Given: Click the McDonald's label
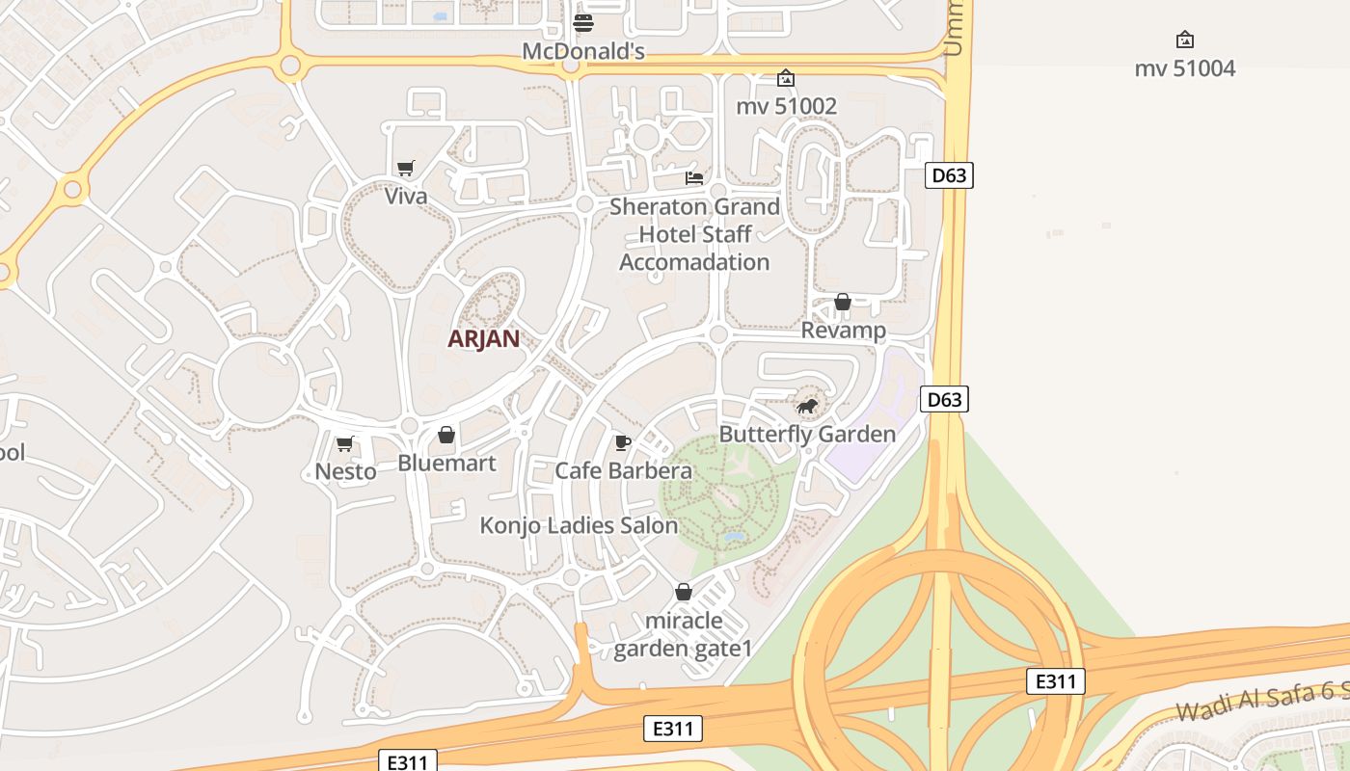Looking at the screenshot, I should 582,51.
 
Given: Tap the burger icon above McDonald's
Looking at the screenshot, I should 583,22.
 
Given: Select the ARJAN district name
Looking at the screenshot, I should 483,338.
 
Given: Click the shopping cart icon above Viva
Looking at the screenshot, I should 406,169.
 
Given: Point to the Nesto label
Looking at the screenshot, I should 345,471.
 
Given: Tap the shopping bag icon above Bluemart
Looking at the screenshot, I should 446,435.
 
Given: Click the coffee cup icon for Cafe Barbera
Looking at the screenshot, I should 623,442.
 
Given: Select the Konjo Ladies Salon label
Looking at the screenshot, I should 579,526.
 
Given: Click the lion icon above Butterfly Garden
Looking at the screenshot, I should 807,406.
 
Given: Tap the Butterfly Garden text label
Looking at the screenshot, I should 807,435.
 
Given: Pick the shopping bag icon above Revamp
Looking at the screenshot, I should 843,302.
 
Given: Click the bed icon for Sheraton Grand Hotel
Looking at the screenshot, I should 693,177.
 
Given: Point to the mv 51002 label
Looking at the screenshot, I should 786,106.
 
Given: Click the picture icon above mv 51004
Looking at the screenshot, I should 1185,40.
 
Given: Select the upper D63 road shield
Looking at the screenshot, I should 949,175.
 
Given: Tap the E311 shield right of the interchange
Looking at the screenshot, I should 1056,681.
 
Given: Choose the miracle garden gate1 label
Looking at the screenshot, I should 683,634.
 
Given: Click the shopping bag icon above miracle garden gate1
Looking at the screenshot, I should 684,591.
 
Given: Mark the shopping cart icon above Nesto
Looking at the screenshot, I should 344,443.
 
